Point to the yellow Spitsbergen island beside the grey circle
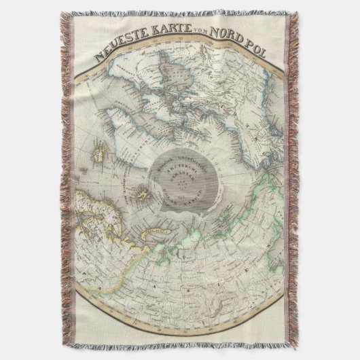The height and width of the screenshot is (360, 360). point(142,194)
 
